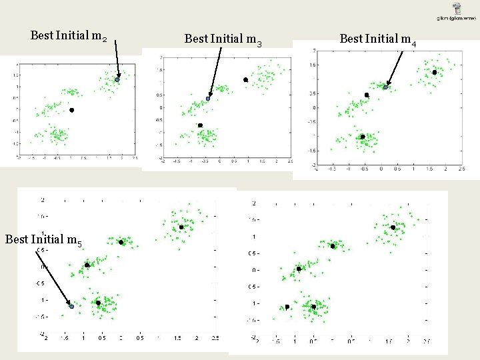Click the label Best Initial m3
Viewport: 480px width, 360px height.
(223, 39)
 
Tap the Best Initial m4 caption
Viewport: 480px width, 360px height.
(378, 39)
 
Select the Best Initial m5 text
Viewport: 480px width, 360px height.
(43, 239)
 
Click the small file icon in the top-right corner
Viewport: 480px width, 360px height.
(457, 9)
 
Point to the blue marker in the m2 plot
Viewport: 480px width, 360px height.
(117, 79)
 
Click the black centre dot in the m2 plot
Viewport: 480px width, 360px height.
(71, 110)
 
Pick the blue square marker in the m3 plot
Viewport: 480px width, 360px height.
(208, 99)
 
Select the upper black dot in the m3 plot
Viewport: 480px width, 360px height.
(245, 80)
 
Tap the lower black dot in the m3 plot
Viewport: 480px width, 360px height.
(200, 125)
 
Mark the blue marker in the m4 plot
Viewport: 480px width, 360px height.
(385, 87)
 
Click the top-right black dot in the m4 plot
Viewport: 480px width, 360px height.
(434, 72)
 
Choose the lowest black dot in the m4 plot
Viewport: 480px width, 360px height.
(363, 137)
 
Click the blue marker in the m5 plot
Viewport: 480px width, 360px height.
(71, 306)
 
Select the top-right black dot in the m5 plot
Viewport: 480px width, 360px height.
(181, 227)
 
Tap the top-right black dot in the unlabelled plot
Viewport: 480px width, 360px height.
(393, 227)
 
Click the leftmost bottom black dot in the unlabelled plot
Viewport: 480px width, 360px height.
(287, 307)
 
